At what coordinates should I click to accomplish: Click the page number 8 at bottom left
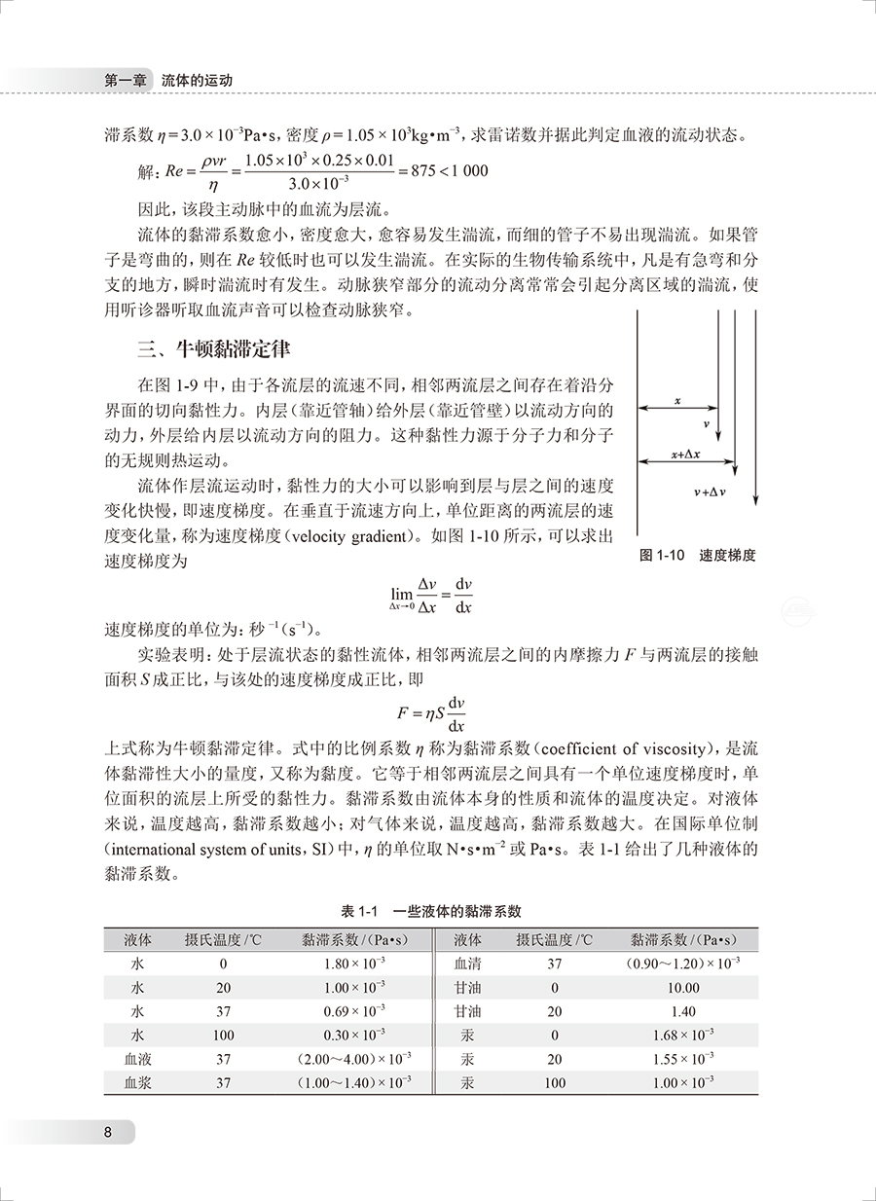110,1132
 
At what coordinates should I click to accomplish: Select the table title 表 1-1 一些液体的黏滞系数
431,912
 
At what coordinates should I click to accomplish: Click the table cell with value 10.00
683,987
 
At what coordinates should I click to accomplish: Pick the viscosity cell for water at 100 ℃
354,1035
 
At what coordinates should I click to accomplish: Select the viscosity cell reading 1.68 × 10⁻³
683,1035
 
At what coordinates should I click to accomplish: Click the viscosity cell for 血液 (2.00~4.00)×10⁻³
354,1059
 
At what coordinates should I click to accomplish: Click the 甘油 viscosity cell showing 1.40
683,1011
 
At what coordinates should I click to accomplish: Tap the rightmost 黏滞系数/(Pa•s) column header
682,940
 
